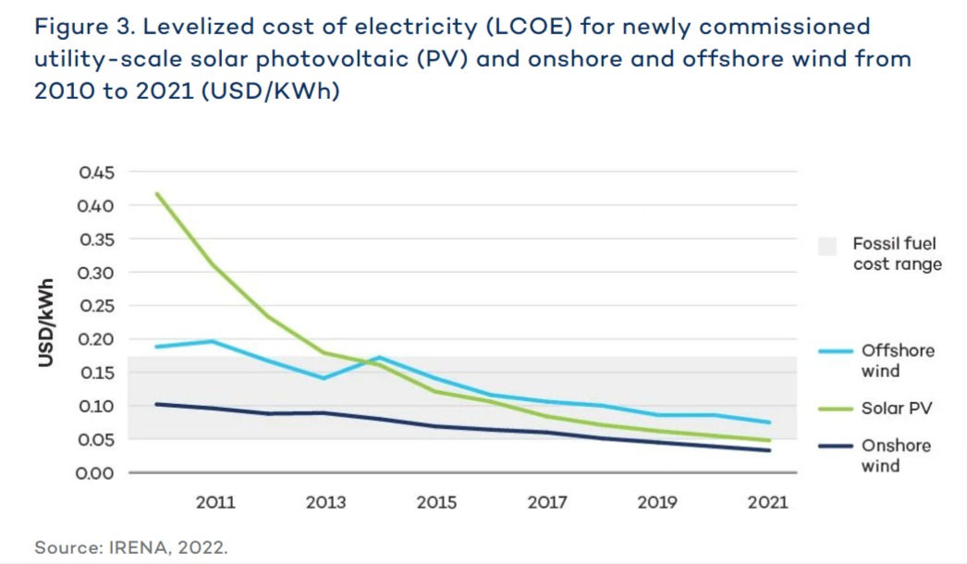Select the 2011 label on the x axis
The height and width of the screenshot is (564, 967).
pyautogui.click(x=215, y=503)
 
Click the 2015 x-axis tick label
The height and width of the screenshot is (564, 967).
pyautogui.click(x=436, y=503)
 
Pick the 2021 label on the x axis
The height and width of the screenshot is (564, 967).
pyautogui.click(x=768, y=503)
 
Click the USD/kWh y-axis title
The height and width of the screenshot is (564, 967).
pyautogui.click(x=45, y=322)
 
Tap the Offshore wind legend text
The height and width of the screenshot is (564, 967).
pyautogui.click(x=898, y=361)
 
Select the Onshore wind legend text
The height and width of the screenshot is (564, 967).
pyautogui.click(x=896, y=456)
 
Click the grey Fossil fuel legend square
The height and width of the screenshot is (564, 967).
pyautogui.click(x=827, y=246)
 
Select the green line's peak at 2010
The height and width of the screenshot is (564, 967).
pyautogui.click(x=157, y=194)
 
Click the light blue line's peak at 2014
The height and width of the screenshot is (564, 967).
pyautogui.click(x=380, y=357)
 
